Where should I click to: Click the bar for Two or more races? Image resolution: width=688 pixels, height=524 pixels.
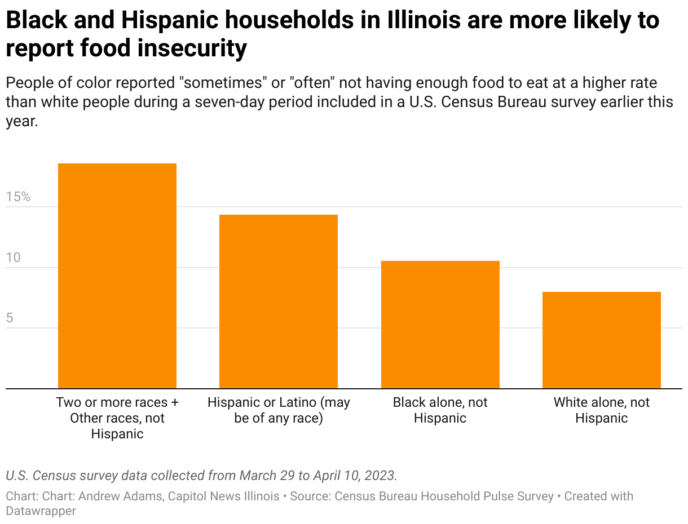(x=117, y=276)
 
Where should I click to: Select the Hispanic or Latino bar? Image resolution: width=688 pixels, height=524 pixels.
(x=279, y=301)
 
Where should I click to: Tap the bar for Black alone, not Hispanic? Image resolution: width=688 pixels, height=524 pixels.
(x=440, y=325)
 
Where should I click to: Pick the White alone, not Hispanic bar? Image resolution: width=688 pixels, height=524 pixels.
(x=602, y=340)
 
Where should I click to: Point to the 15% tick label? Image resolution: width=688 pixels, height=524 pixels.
(x=18, y=197)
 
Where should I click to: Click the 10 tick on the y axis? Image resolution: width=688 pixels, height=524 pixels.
(x=13, y=257)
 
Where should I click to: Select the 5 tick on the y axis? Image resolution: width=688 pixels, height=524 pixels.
(x=10, y=318)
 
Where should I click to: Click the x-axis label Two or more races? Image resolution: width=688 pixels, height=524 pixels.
(x=117, y=418)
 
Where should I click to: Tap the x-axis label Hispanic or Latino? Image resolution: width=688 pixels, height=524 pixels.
(x=279, y=410)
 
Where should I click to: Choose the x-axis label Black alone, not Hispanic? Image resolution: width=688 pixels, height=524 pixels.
(x=440, y=410)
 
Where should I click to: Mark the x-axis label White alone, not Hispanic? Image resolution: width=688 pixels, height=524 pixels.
(x=602, y=410)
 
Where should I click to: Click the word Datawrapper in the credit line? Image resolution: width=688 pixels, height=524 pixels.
(x=41, y=511)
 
